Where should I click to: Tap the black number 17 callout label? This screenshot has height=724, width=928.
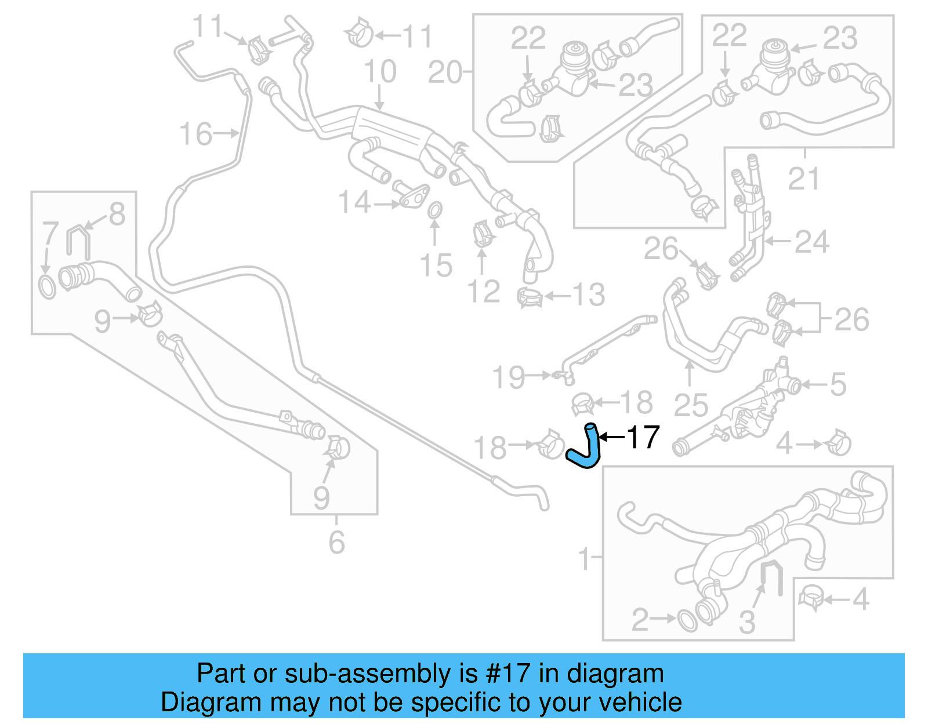[643, 437]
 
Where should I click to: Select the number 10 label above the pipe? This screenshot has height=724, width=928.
[380, 72]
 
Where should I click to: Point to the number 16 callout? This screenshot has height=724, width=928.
[195, 134]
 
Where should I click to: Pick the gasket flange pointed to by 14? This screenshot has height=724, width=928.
[414, 197]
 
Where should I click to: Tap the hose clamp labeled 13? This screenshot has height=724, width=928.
[530, 297]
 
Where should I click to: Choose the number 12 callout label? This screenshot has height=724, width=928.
[483, 292]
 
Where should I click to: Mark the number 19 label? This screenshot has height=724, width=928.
[508, 377]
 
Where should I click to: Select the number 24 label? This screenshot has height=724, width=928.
[811, 242]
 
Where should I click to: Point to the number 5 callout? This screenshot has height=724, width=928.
[838, 384]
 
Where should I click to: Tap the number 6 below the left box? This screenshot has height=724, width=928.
[336, 542]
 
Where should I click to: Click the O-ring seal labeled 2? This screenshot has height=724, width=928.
[687, 621]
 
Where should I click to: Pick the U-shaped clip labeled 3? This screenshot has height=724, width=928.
[771, 578]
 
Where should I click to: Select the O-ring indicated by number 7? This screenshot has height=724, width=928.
[47, 286]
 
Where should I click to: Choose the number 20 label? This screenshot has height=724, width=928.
[445, 72]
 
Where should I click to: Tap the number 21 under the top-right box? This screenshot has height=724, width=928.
[803, 179]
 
